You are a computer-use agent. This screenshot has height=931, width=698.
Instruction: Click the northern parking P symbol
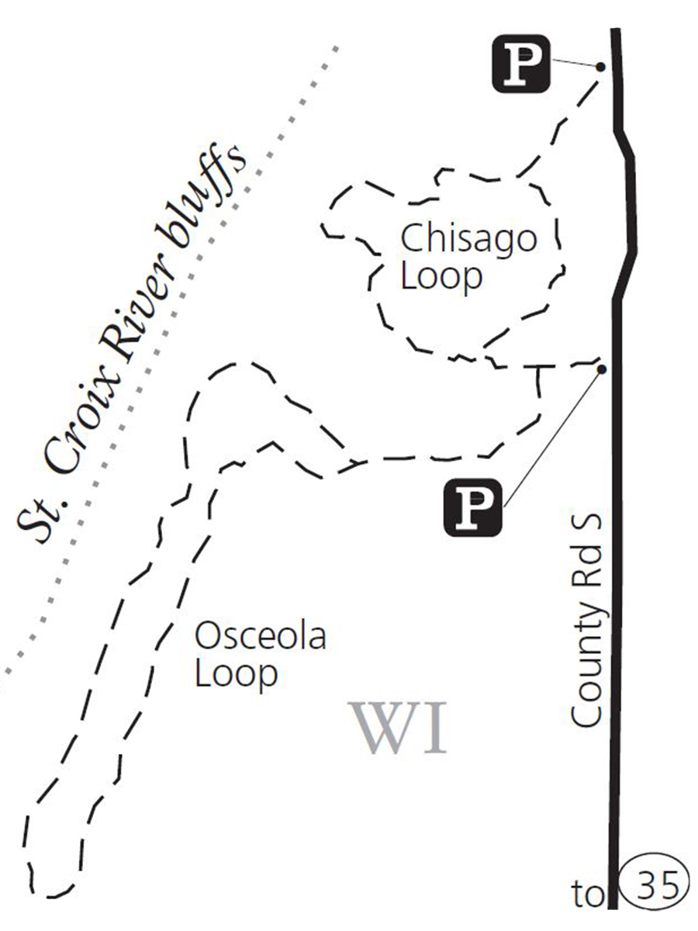point(521,65)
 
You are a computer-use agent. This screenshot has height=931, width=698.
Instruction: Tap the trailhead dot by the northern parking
point(600,67)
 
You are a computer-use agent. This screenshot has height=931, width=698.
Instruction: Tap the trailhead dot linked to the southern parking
point(601,369)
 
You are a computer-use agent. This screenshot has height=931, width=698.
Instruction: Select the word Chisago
point(468,239)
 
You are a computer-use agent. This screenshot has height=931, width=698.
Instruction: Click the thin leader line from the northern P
point(574,64)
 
